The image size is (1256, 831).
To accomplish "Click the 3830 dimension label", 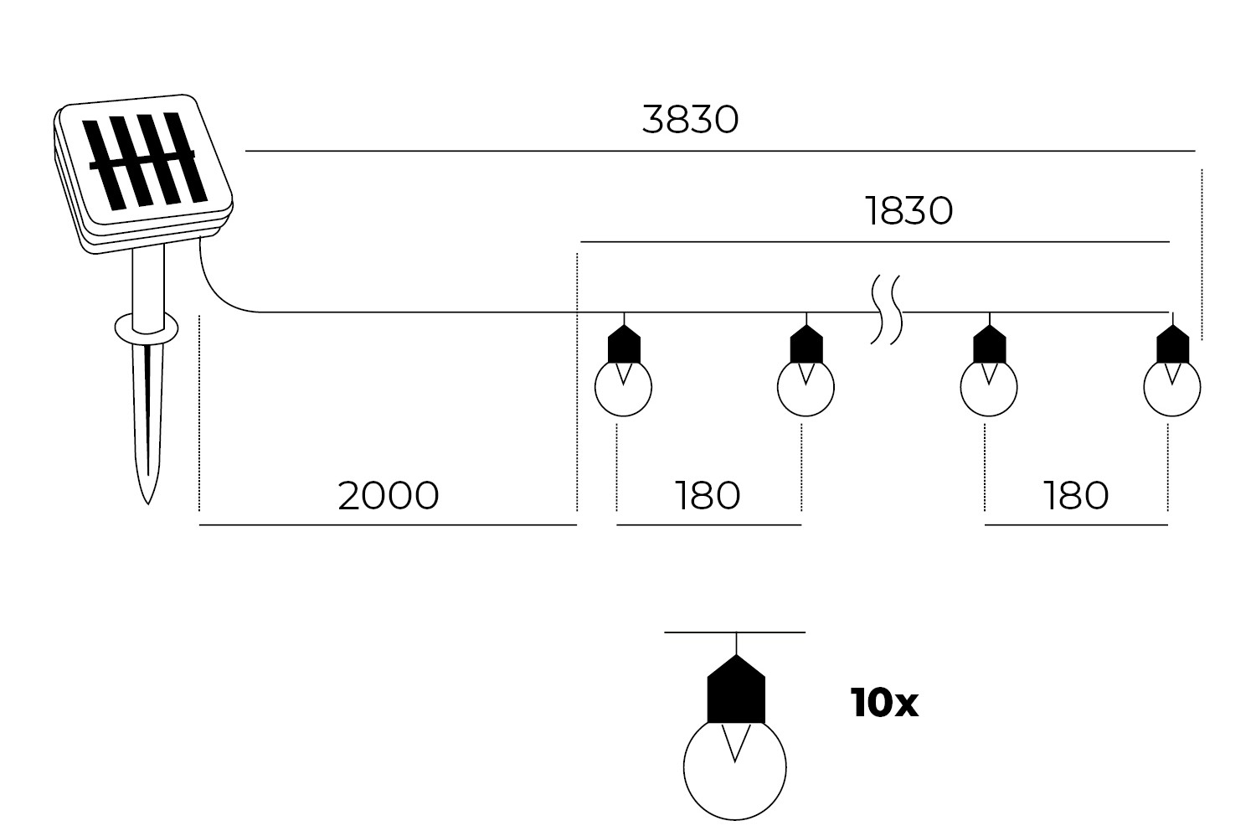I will [691, 120].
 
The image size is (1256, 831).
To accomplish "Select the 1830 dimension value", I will [909, 211].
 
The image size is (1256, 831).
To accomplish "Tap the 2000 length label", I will [388, 496].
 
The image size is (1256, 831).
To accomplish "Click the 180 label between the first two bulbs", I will [708, 496].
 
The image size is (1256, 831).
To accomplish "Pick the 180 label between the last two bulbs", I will [1076, 496].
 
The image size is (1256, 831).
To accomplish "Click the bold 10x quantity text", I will [884, 704].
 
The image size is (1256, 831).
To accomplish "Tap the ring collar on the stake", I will [147, 328].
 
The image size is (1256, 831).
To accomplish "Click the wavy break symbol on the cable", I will [886, 310].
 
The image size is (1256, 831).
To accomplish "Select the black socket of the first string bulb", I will [623, 344].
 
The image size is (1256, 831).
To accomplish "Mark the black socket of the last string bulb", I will [1172, 344].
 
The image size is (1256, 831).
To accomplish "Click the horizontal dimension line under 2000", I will [388, 525].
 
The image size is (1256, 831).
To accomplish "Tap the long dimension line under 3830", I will [720, 152].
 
